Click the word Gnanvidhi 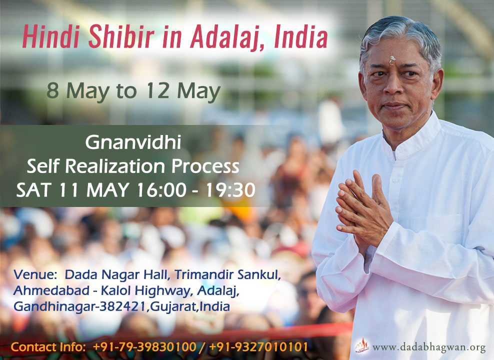coord(133,142)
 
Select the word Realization coord(115,166)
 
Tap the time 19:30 coord(230,190)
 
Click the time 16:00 coord(161,190)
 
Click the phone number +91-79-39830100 coord(144,347)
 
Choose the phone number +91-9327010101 coord(258,347)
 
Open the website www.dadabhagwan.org coord(429,347)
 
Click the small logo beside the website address coord(362,345)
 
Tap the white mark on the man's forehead coord(391,60)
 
